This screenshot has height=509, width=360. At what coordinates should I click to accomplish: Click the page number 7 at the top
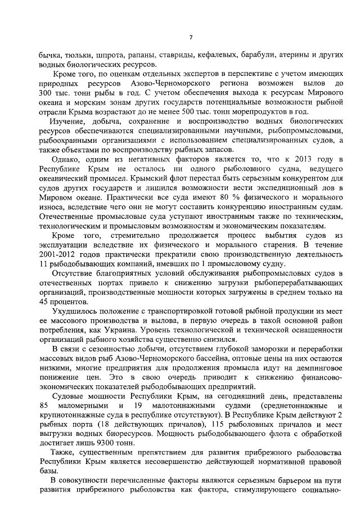[x=191, y=38]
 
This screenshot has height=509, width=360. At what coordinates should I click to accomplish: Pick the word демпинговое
[x=314, y=368]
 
